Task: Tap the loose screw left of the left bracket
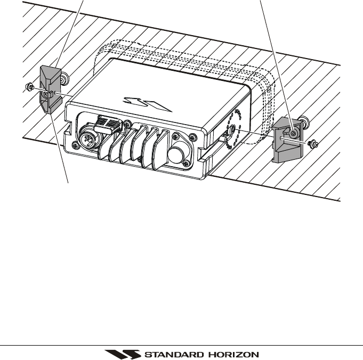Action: click(x=30, y=86)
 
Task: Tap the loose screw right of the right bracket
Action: click(x=314, y=144)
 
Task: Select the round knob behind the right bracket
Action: click(x=304, y=122)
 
